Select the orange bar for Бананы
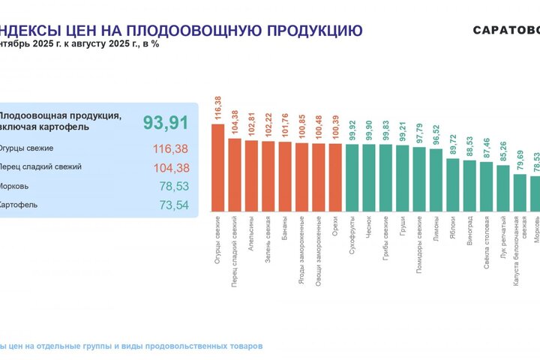click(x=285, y=176)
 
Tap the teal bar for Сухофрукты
click(x=352, y=177)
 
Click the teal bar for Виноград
click(x=469, y=186)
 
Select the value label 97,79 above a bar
click(x=419, y=132)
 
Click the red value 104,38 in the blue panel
click(x=169, y=167)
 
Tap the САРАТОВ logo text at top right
click(x=506, y=31)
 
